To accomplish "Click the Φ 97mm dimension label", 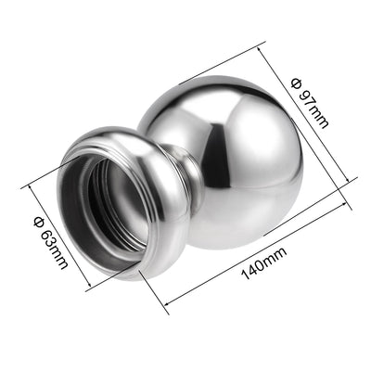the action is click(x=310, y=103).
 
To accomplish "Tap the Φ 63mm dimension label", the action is click(x=50, y=243).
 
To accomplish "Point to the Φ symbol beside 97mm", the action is click(x=297, y=83).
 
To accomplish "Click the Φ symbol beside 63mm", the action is click(x=39, y=223).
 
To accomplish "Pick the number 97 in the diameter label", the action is click(x=307, y=98).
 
